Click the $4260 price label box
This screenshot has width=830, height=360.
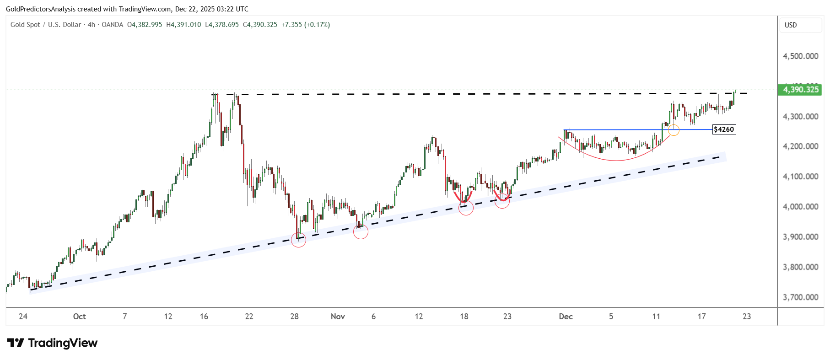[x=724, y=129]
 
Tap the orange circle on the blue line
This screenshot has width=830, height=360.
[x=674, y=130]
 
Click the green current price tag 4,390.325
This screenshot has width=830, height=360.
[x=800, y=90]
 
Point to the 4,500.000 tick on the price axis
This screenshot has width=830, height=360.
[x=800, y=56]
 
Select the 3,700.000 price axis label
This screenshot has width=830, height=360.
[x=800, y=297]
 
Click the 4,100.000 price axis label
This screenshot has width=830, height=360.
[x=800, y=177]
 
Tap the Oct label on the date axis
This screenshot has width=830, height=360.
[x=79, y=317]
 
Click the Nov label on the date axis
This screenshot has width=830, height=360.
[x=338, y=317]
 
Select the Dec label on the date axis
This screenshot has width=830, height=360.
[x=566, y=317]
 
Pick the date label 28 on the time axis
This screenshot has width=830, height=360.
[x=294, y=317]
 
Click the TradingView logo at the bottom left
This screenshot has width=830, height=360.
[x=52, y=343]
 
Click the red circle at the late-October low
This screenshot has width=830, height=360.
[x=298, y=240]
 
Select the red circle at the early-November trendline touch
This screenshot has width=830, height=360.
[x=361, y=232]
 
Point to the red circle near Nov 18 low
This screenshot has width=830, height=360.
[x=466, y=208]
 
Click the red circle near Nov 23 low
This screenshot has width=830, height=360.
[x=502, y=201]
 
